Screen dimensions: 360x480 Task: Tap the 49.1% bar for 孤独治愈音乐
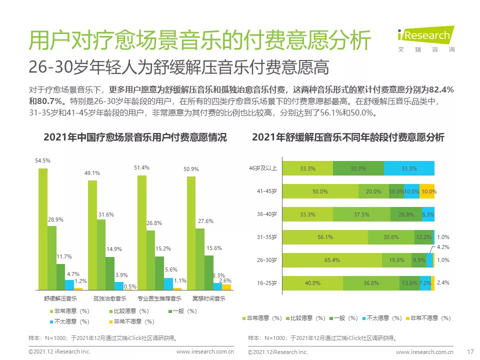pos(92,235)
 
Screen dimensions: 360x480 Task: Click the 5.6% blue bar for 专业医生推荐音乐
pos(168,283)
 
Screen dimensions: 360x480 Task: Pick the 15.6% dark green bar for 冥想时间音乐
pos(209,272)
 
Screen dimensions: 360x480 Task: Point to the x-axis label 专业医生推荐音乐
pos(159,299)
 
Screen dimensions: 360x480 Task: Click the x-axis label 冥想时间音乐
pos(209,299)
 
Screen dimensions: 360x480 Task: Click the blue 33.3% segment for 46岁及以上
pos(409,168)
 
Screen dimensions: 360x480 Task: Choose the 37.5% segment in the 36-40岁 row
pos(357,214)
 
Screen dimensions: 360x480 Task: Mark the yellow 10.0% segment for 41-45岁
pos(427,191)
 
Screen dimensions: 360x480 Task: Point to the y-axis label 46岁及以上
pos(263,168)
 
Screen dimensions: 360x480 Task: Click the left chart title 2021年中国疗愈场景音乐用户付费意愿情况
pos(135,137)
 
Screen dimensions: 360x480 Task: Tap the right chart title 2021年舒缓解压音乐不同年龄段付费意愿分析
pos(348,137)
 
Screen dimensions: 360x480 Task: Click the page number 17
pos(469,351)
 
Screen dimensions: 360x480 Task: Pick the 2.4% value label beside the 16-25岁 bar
pos(443,282)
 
